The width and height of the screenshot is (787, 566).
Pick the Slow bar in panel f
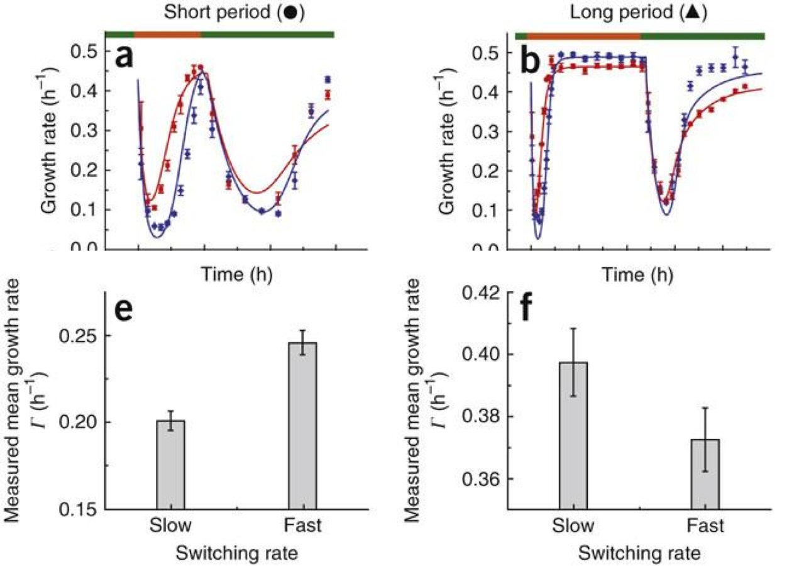pyautogui.click(x=573, y=435)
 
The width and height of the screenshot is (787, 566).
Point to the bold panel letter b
pyautogui.click(x=532, y=60)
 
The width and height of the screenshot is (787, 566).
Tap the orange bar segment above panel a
pyautogui.click(x=168, y=34)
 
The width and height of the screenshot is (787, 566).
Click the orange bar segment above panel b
pyautogui.click(x=583, y=36)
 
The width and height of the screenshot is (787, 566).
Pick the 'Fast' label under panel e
pyautogui.click(x=303, y=526)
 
